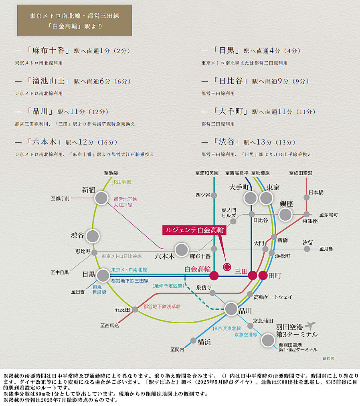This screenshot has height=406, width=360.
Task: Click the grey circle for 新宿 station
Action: click(x=102, y=198)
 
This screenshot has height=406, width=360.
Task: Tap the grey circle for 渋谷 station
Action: click(x=93, y=236)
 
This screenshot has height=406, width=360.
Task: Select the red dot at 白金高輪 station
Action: click(x=214, y=276)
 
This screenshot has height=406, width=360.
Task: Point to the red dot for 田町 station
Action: click(x=263, y=276)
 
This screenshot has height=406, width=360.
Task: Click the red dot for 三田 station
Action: click(x=252, y=276)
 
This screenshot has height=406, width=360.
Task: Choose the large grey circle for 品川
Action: click(x=231, y=309)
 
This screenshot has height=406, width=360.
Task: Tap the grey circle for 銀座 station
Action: click(x=285, y=214)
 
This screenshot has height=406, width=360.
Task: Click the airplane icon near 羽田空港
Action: click(x=310, y=325)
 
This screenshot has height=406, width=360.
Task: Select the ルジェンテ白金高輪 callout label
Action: click(x=194, y=230)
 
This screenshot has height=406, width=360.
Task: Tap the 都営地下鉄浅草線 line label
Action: click(x=162, y=307)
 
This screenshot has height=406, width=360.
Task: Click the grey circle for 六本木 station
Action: click(x=182, y=250)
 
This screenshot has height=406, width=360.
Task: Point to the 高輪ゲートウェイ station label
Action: click(x=273, y=296)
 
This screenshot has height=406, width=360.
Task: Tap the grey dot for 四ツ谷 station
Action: click(x=214, y=195)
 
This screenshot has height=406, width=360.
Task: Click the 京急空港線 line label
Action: click(x=246, y=334)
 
